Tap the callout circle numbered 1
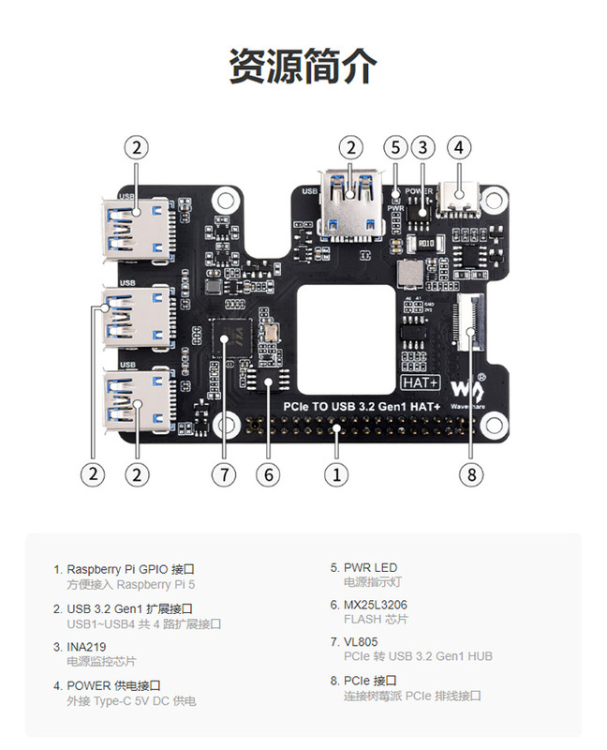click(337, 474)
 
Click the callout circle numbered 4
click(458, 147)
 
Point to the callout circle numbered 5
click(396, 147)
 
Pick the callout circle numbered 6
click(268, 474)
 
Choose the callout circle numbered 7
click(222, 474)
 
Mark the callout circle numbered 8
click(472, 474)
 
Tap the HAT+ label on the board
click(421, 382)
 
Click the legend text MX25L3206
click(376, 605)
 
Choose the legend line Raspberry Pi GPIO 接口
click(131, 569)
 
